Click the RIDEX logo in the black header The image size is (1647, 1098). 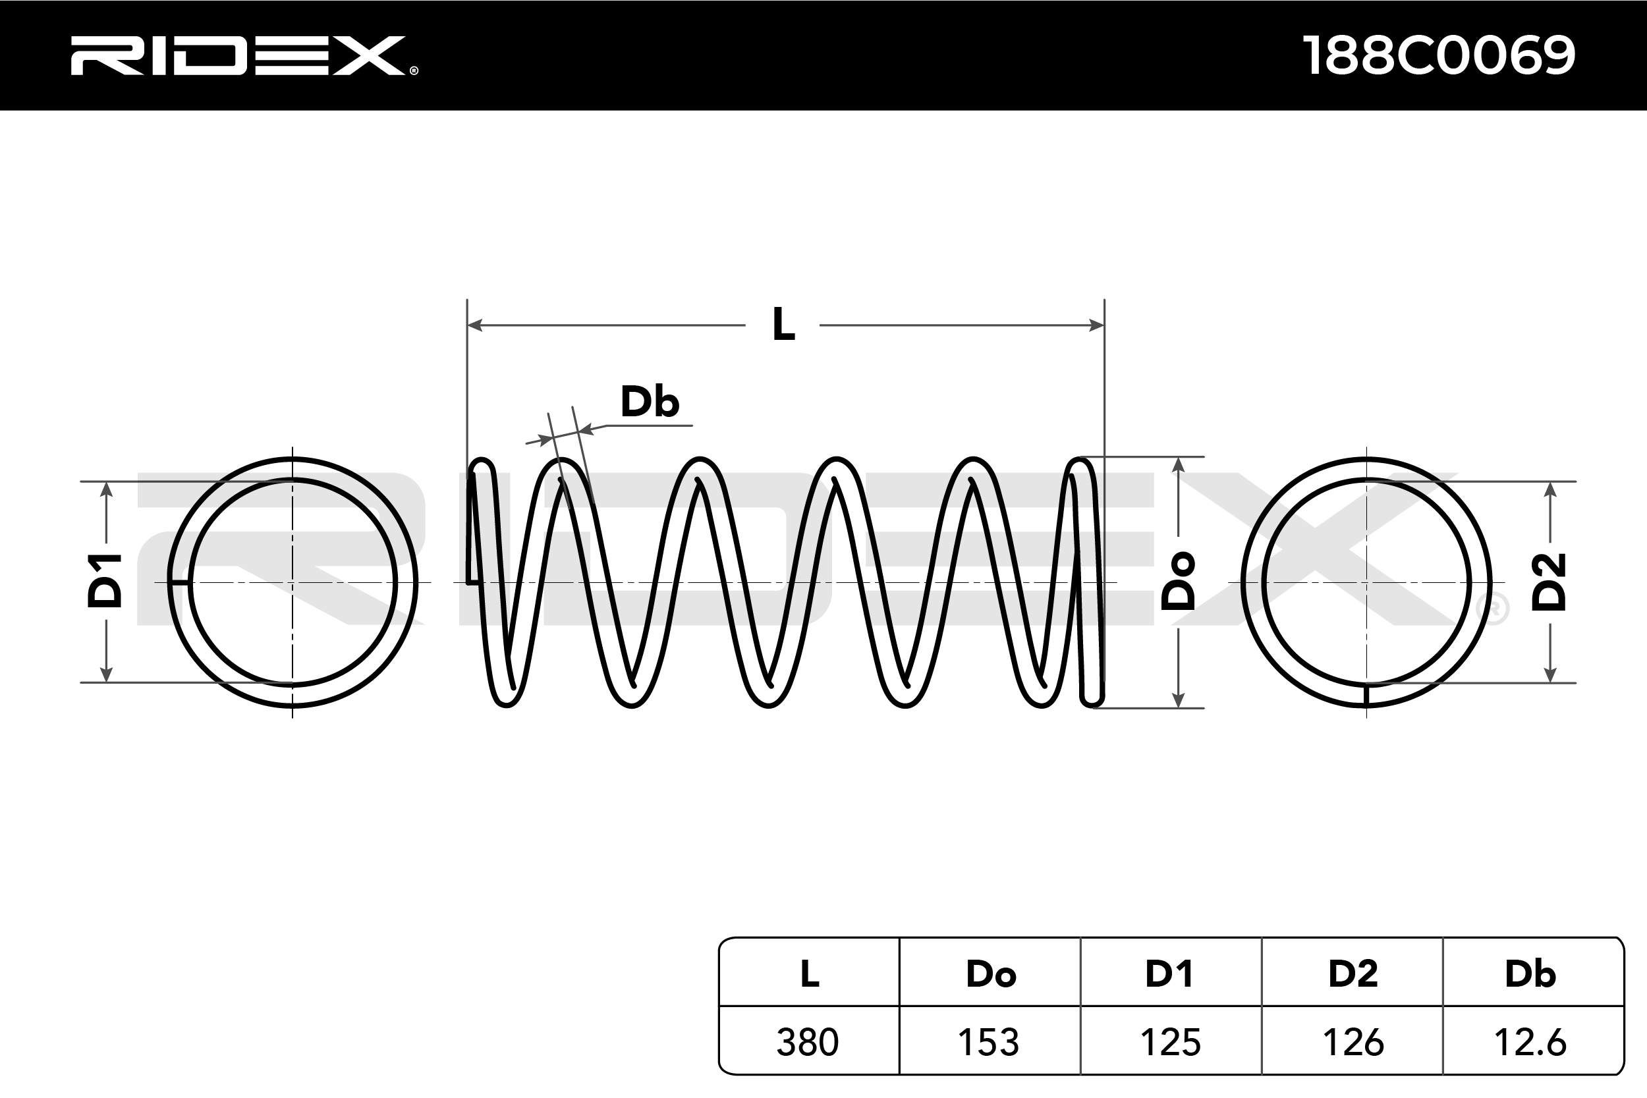click(x=244, y=55)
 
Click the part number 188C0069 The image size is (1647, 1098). click(x=1439, y=55)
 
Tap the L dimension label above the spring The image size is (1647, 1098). click(x=783, y=324)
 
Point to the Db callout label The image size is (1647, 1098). click(x=649, y=402)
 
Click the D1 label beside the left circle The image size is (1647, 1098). click(x=105, y=580)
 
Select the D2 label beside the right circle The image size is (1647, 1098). click(x=1549, y=582)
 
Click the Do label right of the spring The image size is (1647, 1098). click(x=1178, y=581)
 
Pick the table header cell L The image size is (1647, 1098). click(x=810, y=974)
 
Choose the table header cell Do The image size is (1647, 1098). click(x=991, y=974)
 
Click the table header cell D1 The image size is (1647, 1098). click(x=1169, y=974)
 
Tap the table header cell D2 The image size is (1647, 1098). click(x=1353, y=974)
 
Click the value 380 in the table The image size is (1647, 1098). click(x=808, y=1042)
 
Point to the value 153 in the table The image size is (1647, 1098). click(x=989, y=1042)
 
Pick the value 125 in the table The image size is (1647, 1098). click(x=1170, y=1042)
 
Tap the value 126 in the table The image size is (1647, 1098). click(x=1353, y=1042)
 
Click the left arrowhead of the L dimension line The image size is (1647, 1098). click(x=475, y=325)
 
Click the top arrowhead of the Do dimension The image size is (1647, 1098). click(x=1179, y=465)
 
